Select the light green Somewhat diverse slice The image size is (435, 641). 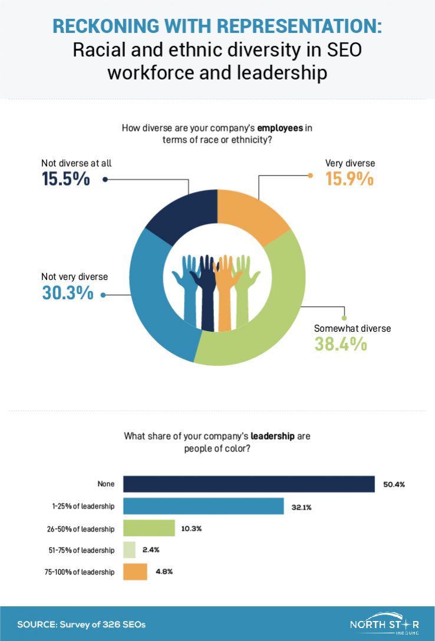(271, 318)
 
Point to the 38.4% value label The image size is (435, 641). (341, 343)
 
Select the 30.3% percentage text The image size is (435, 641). (68, 292)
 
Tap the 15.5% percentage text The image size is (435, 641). (66, 179)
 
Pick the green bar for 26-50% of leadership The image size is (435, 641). (149, 528)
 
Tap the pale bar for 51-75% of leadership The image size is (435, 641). (129, 550)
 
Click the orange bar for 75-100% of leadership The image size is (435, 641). (135, 571)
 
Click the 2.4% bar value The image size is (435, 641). (150, 550)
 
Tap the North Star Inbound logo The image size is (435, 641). (384, 624)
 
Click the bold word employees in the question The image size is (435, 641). (279, 127)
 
